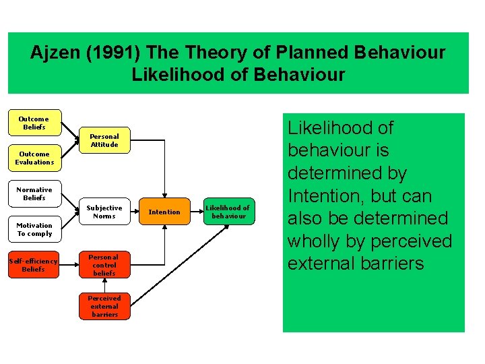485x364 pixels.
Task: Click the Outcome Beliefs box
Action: [x=34, y=123]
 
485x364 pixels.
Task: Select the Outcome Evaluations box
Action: [x=34, y=158]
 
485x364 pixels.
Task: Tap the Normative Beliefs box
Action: [x=34, y=193]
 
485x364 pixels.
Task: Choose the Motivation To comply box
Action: [x=34, y=229]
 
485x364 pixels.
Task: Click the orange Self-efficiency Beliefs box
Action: [x=33, y=265]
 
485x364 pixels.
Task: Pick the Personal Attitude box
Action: [x=104, y=140]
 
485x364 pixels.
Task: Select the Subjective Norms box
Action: [x=104, y=212]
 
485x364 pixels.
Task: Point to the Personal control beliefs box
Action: [x=104, y=265]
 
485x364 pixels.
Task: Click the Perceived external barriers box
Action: [x=104, y=306]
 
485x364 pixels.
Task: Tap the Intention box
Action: [x=164, y=212]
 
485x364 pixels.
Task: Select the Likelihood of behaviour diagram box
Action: [x=227, y=212]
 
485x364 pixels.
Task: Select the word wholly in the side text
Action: [x=316, y=241]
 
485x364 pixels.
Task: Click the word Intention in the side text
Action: [x=323, y=195]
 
